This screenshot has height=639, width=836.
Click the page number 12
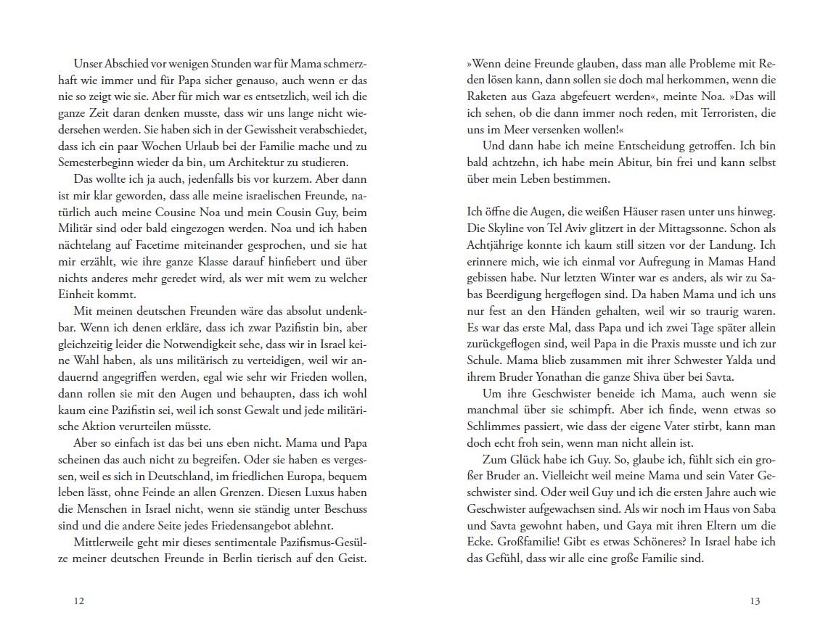[x=79, y=601]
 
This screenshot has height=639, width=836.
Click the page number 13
[x=755, y=601]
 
